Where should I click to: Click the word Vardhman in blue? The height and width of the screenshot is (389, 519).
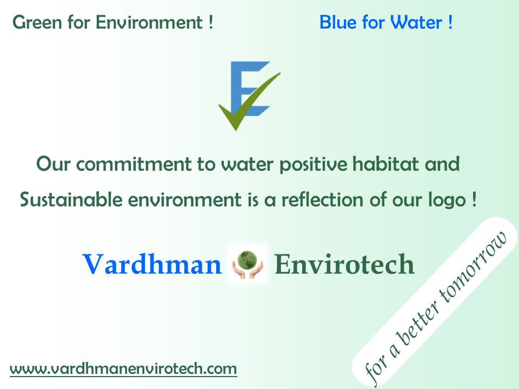pos(152,264)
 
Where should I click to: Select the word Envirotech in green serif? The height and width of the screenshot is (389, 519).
pos(344,264)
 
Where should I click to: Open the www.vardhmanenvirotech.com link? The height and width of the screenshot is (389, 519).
pos(123,369)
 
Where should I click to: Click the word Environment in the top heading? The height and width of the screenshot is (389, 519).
pos(149,23)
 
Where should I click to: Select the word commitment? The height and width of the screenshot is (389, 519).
pos(134,164)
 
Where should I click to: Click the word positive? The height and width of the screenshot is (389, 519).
pos(314,165)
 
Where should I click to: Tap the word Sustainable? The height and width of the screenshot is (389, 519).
pos(71,200)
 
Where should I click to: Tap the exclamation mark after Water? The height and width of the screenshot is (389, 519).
pos(450,23)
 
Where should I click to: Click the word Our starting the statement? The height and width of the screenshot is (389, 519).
pos(53,164)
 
